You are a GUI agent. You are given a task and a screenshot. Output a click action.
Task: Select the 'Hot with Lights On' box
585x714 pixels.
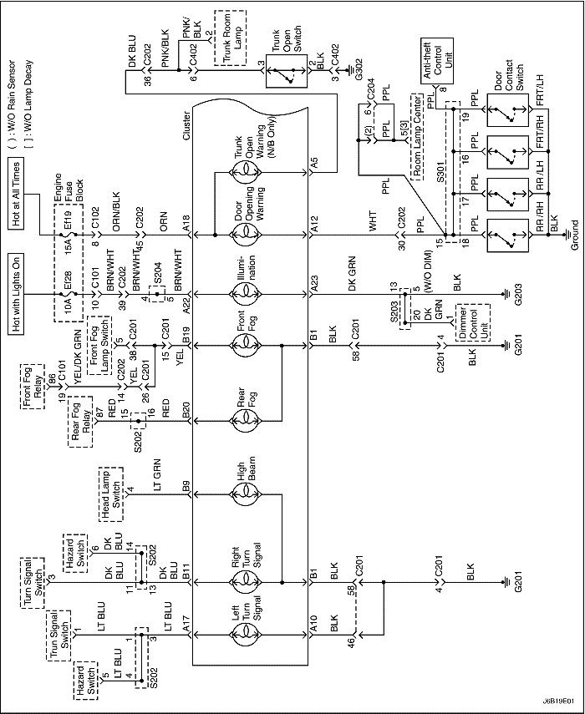coord(18,298)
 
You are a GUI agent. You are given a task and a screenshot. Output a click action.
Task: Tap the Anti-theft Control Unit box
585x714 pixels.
coord(435,62)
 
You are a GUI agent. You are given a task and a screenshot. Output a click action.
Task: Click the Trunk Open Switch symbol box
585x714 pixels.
coord(287,71)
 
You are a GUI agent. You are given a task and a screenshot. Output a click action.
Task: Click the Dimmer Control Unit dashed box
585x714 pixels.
coord(473,323)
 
